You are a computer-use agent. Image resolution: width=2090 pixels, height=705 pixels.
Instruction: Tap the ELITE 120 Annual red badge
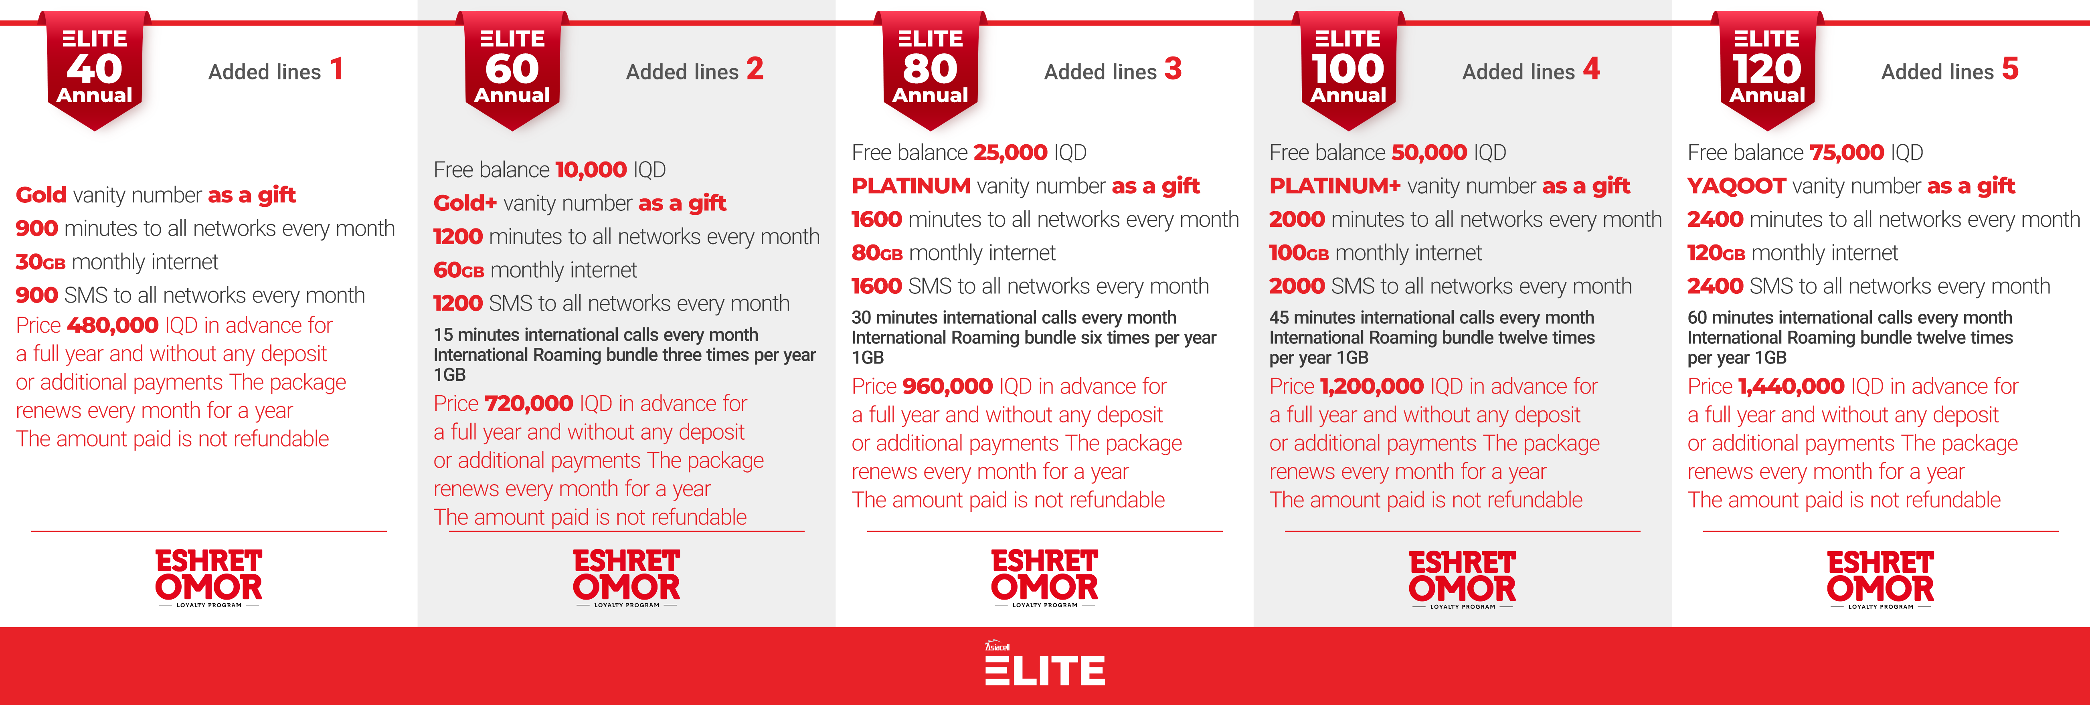[x=1767, y=71]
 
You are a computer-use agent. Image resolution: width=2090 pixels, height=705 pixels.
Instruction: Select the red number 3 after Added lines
[x=1173, y=69]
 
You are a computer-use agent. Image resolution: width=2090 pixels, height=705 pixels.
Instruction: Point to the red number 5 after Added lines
[x=2010, y=69]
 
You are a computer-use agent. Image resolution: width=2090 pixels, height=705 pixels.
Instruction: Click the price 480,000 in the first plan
[x=113, y=325]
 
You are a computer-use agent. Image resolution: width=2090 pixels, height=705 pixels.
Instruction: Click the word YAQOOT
[x=1736, y=186]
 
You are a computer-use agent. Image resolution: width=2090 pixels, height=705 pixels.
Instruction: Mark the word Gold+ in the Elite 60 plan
[x=465, y=203]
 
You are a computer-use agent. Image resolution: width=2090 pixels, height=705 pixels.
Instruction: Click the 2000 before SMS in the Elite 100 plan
[x=1297, y=287]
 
